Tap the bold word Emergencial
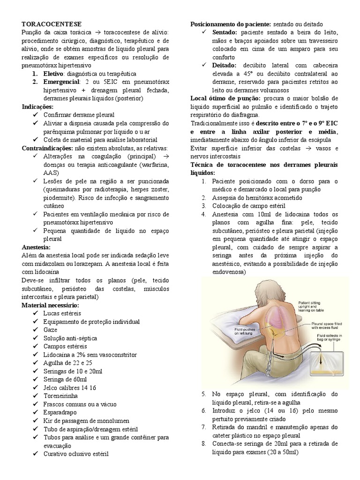pyautogui.click(x=62, y=82)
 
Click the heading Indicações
pyautogui.click(x=37, y=107)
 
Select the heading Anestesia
pyautogui.click(x=36, y=247)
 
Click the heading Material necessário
pyautogui.click(x=52, y=305)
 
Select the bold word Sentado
pyautogui.click(x=225, y=32)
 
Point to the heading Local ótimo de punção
pyautogui.click(x=226, y=98)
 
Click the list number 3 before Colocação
pyautogui.click(x=204, y=206)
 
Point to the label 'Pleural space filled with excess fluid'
pyautogui.click(x=328, y=325)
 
